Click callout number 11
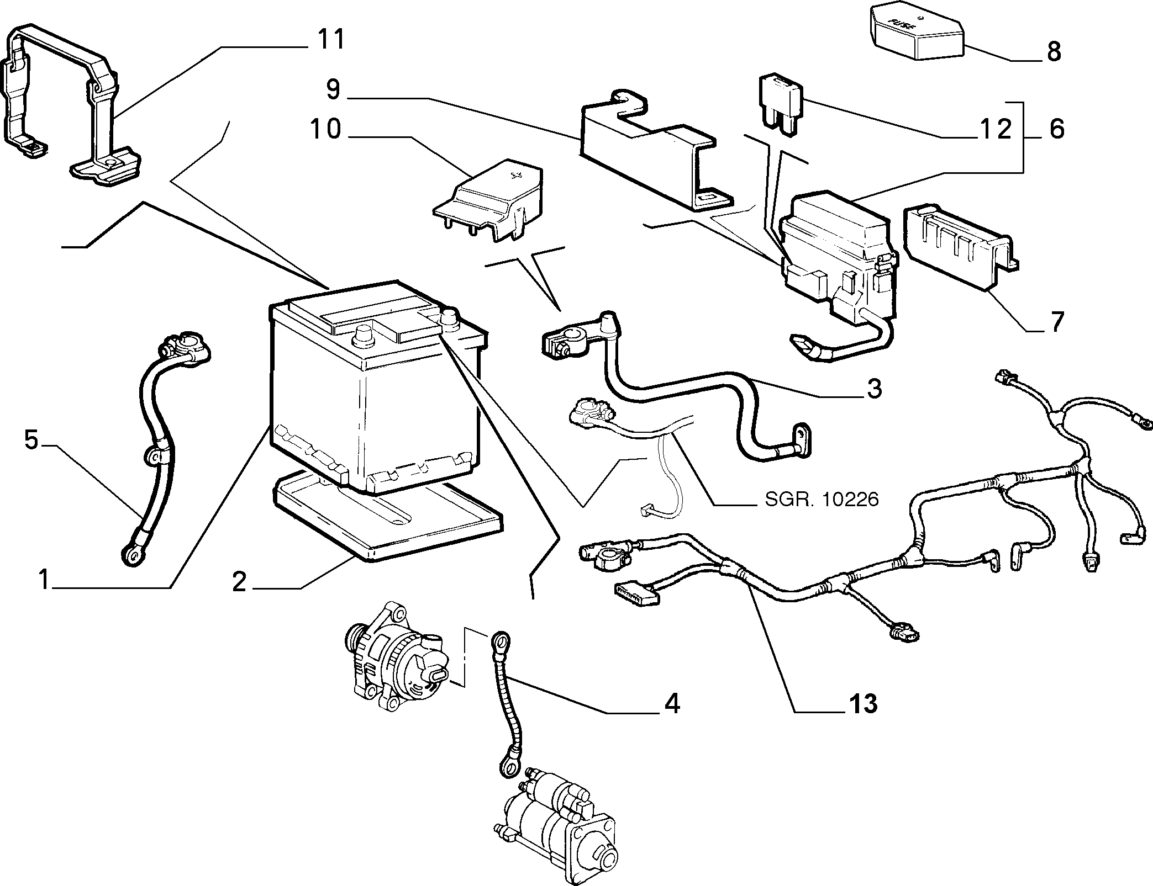[330, 40]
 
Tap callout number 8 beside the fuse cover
[1054, 52]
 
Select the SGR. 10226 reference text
[822, 499]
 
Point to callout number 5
[31, 440]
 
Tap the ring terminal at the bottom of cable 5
[131, 554]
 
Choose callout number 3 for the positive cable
[873, 389]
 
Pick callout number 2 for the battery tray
[239, 582]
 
